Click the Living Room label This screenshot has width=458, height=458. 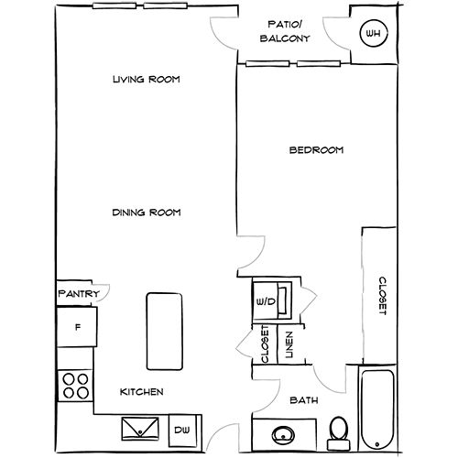click(145, 80)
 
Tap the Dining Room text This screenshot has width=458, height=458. click(146, 213)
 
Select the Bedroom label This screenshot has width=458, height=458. click(316, 150)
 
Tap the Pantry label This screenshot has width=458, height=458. click(79, 294)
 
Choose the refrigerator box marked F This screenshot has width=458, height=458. click(78, 327)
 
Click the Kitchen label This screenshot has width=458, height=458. click(143, 392)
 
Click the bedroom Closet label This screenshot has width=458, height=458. click(381, 295)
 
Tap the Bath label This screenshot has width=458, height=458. click(302, 400)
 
